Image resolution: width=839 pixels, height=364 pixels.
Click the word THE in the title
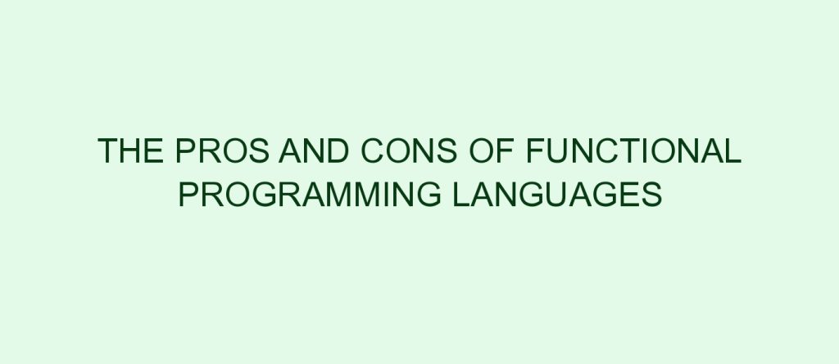[130, 151]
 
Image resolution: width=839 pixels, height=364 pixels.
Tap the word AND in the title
[314, 151]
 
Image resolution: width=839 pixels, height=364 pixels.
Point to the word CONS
[410, 151]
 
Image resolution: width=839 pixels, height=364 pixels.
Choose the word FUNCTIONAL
[634, 151]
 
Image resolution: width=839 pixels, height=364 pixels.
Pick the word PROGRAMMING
[310, 194]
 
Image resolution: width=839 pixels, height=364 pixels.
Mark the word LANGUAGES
[557, 194]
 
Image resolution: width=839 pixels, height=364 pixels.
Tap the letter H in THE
[130, 151]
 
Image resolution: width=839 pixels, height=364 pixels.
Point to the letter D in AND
[338, 151]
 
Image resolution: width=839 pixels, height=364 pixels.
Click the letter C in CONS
[373, 151]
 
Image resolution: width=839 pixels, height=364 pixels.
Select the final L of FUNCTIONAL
[733, 151]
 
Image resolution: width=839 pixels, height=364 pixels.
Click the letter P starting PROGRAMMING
[188, 194]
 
